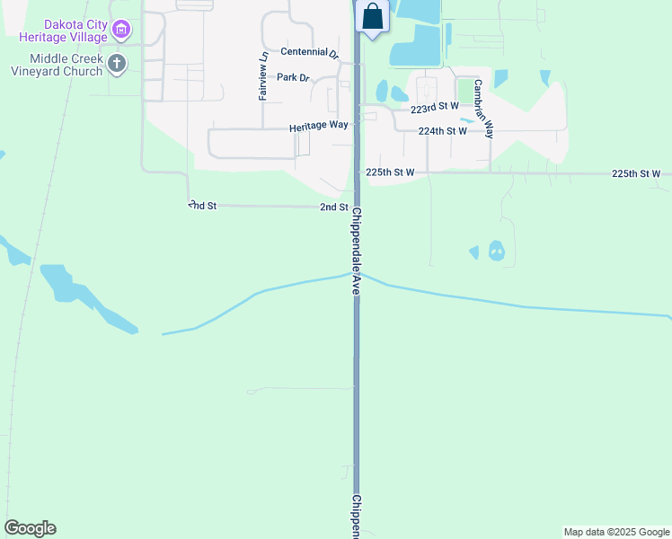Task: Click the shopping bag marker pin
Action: click(x=372, y=17)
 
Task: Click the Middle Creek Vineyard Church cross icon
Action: click(x=116, y=63)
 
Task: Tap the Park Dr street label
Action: click(x=293, y=77)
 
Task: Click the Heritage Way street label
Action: click(x=318, y=127)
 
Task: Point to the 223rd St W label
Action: click(x=434, y=107)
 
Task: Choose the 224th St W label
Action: click(x=443, y=131)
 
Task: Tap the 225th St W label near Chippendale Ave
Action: click(x=390, y=172)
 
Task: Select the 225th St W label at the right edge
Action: click(x=636, y=173)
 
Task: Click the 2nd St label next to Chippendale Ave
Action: click(x=334, y=208)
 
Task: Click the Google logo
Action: click(x=30, y=528)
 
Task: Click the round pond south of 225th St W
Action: click(x=496, y=251)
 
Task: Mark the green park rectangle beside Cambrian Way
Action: click(x=465, y=92)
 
